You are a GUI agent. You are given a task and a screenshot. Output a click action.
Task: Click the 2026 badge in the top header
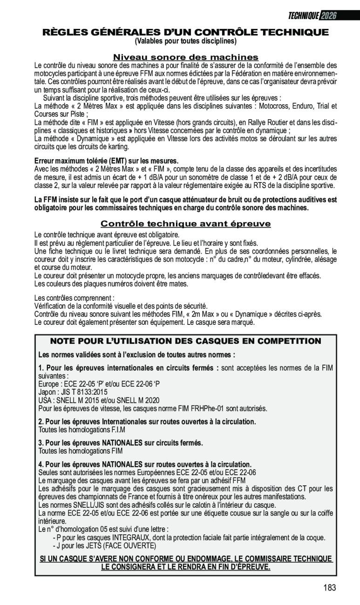328,16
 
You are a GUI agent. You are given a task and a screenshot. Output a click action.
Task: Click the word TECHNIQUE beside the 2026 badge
304,16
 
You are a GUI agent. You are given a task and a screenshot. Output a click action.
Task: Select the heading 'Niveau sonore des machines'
186,57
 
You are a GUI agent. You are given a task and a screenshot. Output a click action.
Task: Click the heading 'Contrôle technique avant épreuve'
186,224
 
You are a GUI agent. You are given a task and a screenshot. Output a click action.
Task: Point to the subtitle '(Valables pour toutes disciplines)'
186,41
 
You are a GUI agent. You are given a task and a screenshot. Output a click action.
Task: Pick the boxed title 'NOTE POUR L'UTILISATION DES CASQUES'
186,341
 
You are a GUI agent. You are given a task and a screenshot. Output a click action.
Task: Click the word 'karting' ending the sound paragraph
117,147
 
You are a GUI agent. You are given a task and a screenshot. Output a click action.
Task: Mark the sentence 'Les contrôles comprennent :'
75,298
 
